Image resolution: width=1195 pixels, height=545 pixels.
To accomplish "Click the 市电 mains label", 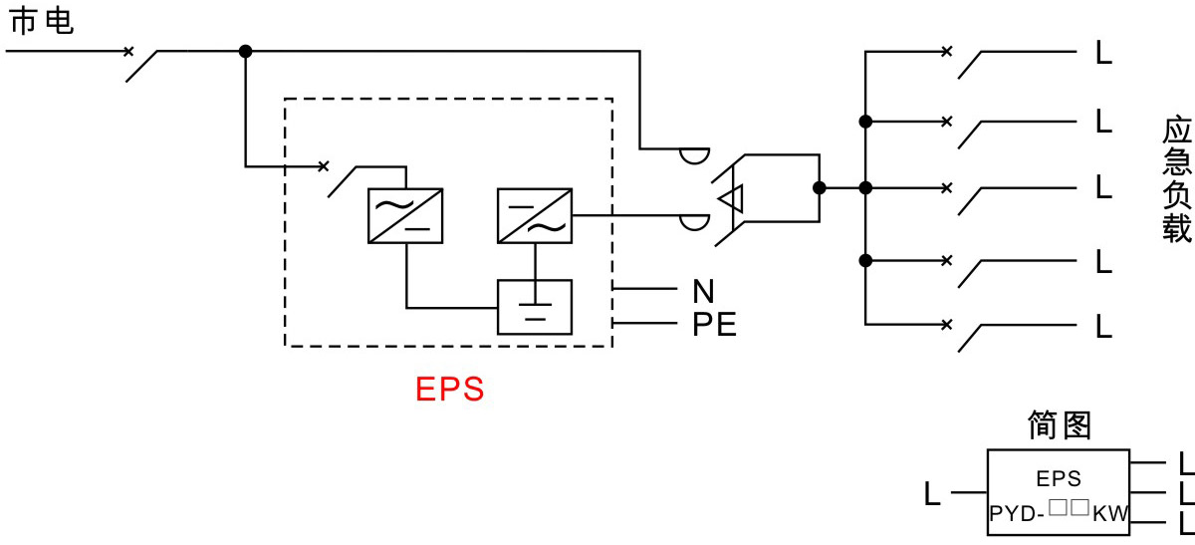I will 41,21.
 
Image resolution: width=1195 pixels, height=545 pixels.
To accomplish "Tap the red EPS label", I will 449,389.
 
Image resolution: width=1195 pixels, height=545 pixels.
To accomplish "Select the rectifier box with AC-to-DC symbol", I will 405,215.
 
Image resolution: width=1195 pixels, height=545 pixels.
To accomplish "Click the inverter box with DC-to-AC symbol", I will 534,215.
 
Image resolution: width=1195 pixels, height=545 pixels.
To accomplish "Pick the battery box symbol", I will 535,307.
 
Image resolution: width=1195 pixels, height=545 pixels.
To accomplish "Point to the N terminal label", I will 703,291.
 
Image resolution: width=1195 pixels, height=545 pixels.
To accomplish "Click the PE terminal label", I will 714,325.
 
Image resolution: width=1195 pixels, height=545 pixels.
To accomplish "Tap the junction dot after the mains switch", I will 246,51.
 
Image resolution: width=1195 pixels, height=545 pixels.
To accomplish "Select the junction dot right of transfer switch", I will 820,187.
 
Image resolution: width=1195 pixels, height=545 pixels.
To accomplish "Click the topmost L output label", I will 1103,53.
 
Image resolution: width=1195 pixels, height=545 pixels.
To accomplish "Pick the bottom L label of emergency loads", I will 1103,326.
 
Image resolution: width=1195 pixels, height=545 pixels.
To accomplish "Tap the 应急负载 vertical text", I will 1176,181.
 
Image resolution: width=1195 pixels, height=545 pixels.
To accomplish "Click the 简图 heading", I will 1060,425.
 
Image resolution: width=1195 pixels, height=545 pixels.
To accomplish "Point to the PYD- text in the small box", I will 1016,515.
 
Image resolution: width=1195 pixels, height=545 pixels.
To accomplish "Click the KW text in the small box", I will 1111,515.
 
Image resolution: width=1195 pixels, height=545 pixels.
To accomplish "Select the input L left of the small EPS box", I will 932,493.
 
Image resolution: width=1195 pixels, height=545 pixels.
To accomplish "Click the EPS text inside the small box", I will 1059,479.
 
